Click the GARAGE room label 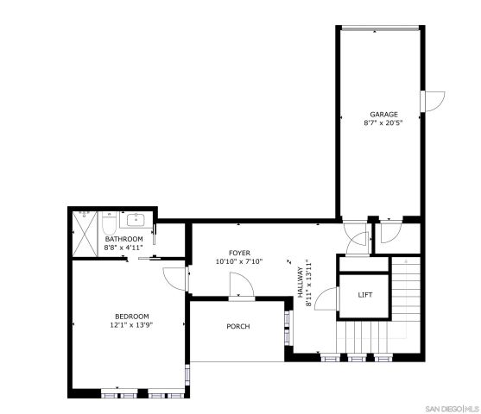(x=384, y=114)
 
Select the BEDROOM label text (x=131, y=316)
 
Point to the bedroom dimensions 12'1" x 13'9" (x=131, y=325)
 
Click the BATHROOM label (x=123, y=239)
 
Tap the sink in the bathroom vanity (x=137, y=218)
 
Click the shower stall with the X (x=85, y=232)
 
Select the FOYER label (x=239, y=253)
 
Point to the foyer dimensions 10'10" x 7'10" (x=239, y=261)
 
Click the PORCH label (x=238, y=326)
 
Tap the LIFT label (x=365, y=295)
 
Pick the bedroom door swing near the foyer (x=175, y=279)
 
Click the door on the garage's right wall (x=433, y=100)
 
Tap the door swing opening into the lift (x=326, y=299)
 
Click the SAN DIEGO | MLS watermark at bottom (x=453, y=406)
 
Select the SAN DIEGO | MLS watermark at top (x=453, y=8)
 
